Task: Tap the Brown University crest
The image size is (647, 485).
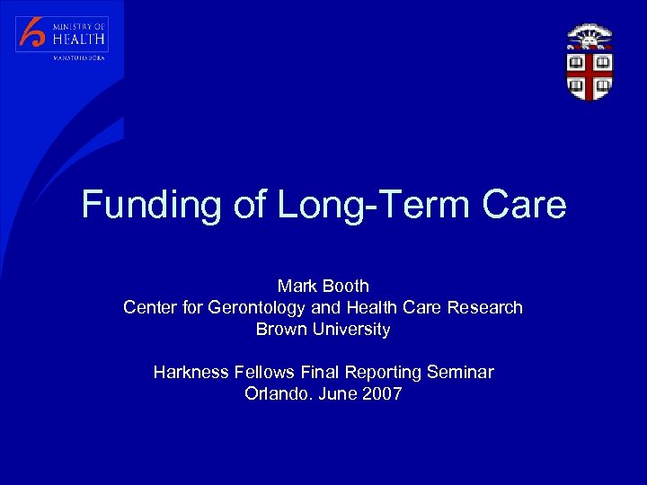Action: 589,62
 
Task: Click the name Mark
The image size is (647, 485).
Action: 297,286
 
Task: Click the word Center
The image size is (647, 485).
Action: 150,307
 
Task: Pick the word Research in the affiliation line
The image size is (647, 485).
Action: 483,307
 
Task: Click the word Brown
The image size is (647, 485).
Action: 280,329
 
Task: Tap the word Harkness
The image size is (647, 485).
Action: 191,372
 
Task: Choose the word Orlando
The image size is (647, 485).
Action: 276,393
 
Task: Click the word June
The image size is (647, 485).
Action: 336,393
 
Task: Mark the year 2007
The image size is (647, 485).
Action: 382,393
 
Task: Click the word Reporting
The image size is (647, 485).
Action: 377,372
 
